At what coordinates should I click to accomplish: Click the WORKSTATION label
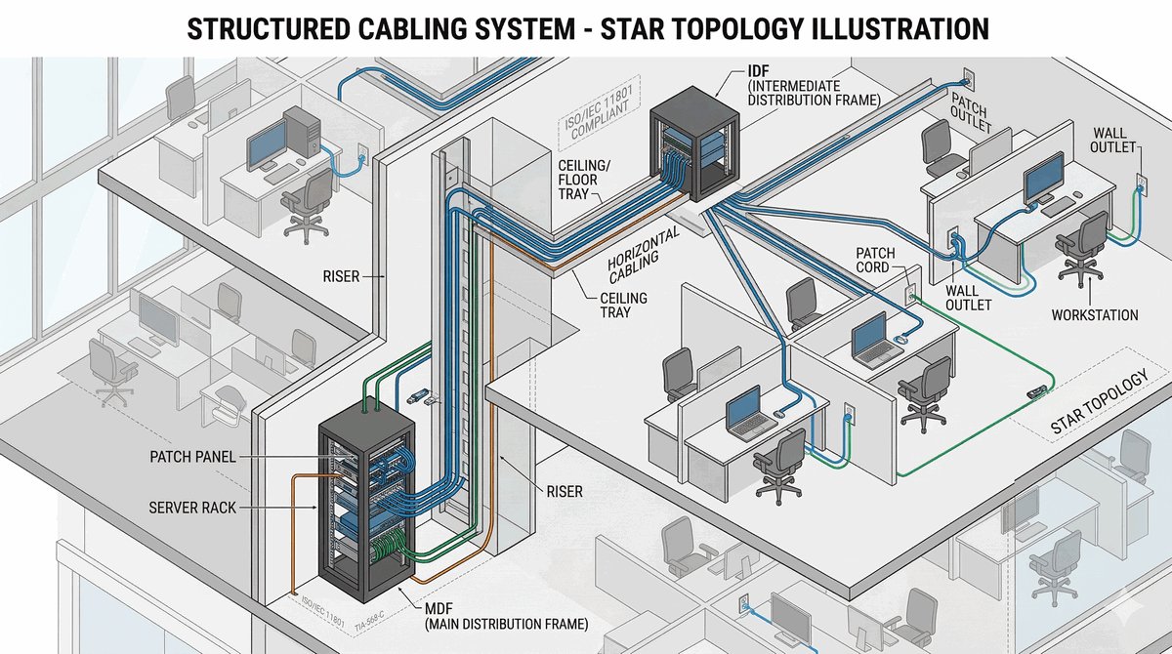click(x=1095, y=315)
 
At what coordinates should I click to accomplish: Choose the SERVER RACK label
click(x=192, y=509)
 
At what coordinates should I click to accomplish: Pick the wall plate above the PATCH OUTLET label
click(x=967, y=75)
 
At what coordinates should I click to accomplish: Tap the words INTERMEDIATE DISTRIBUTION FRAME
click(x=814, y=93)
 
